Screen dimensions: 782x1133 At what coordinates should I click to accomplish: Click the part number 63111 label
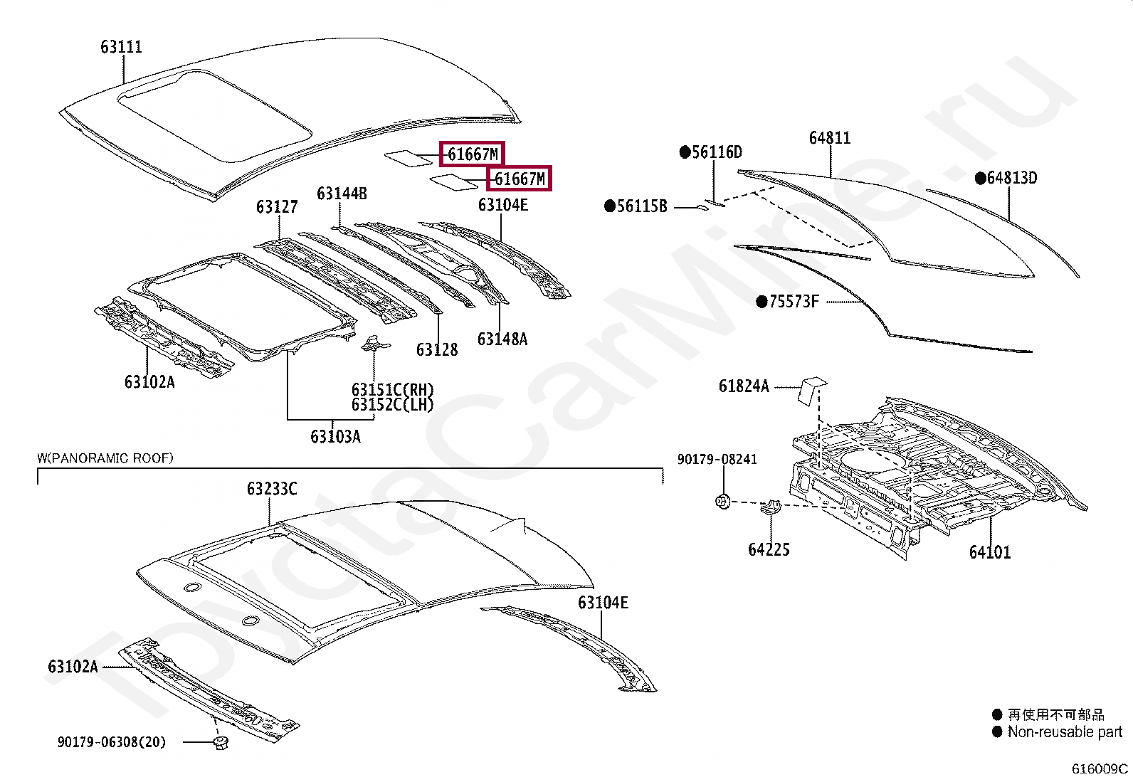(121, 47)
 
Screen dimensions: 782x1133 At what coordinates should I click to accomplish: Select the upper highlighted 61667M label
(472, 154)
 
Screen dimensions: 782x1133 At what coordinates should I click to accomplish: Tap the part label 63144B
(342, 194)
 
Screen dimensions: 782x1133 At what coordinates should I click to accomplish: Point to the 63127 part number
(277, 207)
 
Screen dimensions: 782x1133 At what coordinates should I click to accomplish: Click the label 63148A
(502, 339)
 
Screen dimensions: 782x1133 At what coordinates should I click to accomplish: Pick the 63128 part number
(437, 349)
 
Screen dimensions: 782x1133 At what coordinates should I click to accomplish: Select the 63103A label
(335, 436)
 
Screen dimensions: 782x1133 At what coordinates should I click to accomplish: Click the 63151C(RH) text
(392, 390)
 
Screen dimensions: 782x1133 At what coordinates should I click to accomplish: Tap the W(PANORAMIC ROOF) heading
(105, 458)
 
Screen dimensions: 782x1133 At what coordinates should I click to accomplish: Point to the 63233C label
(272, 489)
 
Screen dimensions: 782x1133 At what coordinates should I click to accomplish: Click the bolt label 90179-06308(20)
(112, 742)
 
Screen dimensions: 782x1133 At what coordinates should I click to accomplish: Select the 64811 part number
(830, 138)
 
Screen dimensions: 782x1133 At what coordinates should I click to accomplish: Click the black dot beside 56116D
(685, 152)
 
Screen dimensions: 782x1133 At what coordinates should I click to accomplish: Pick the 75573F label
(794, 302)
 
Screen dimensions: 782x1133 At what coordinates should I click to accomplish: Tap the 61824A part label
(744, 386)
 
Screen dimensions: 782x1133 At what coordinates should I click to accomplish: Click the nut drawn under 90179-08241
(722, 502)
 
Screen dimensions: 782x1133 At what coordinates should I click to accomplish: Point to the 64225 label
(769, 549)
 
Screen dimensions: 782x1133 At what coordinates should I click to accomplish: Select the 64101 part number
(990, 552)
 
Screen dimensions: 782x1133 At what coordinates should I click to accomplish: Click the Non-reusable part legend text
(1064, 731)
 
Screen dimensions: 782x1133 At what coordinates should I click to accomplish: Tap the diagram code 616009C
(1100, 768)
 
